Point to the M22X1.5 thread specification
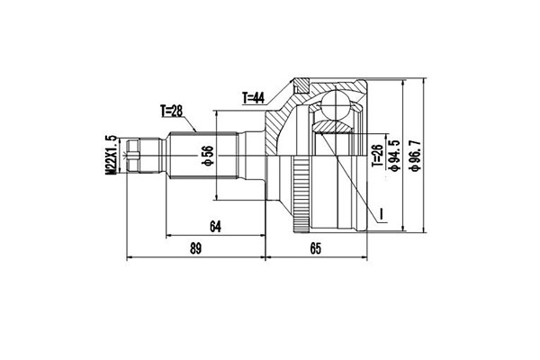(112, 156)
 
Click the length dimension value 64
(214, 227)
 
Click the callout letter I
(382, 214)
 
